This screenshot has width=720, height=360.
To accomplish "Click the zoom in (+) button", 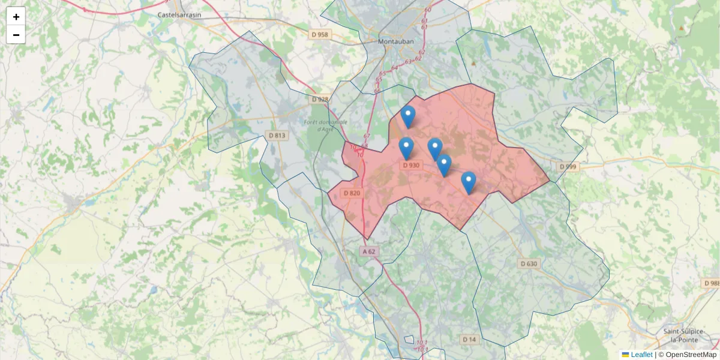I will pyautogui.click(x=16, y=17).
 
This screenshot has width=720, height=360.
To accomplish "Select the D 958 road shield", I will pyautogui.click(x=320, y=35).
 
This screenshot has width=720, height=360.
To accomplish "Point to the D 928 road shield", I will pyautogui.click(x=320, y=100).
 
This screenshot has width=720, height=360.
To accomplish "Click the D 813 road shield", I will pyautogui.click(x=277, y=136).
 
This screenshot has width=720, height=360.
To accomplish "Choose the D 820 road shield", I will pyautogui.click(x=352, y=193).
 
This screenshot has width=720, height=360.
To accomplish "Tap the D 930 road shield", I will pyautogui.click(x=411, y=165).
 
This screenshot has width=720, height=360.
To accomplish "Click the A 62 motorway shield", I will pyautogui.click(x=369, y=251).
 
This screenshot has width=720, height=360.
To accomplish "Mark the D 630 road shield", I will pyautogui.click(x=529, y=263).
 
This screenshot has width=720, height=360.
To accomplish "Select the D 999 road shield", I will pyautogui.click(x=568, y=166).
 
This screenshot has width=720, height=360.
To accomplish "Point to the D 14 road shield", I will pyautogui.click(x=469, y=340).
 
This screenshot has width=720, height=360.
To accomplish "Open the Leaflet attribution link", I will pyautogui.click(x=641, y=355).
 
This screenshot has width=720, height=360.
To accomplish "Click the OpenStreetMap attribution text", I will pyautogui.click(x=691, y=355).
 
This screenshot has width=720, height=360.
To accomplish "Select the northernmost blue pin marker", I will pyautogui.click(x=408, y=116).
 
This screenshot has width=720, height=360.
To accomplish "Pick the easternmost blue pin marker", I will pyautogui.click(x=469, y=182).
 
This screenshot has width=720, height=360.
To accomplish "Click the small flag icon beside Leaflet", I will pyautogui.click(x=625, y=355).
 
